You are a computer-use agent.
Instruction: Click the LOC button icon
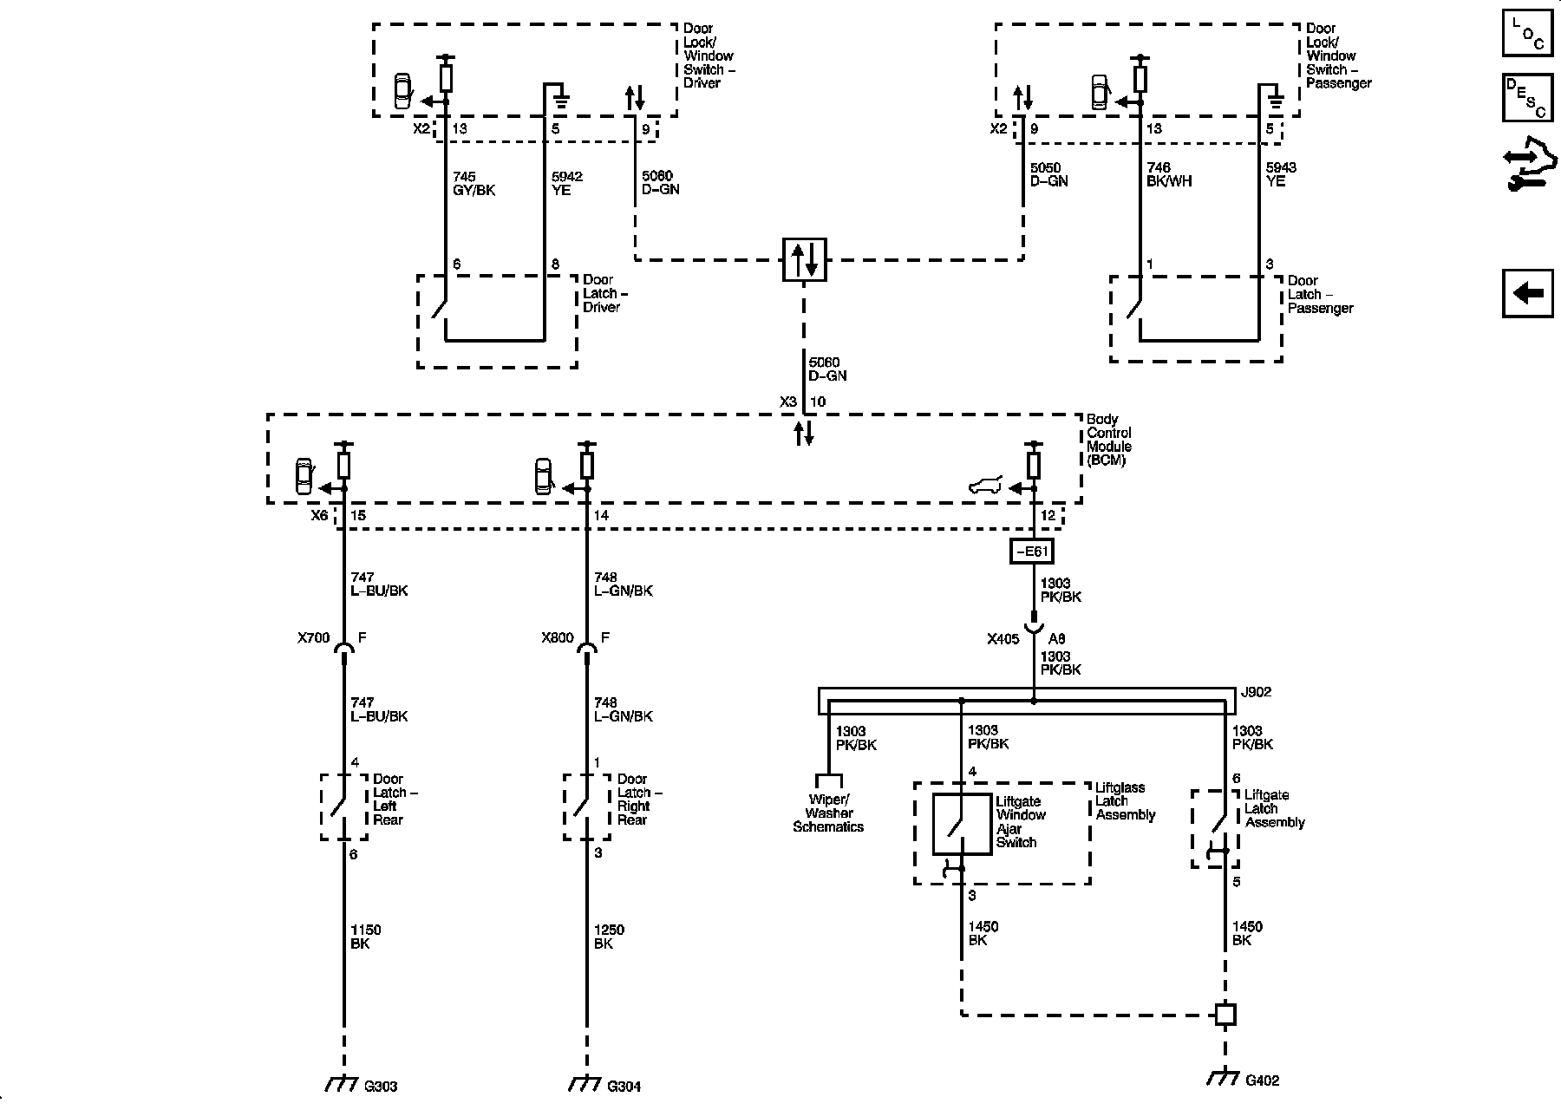tap(1527, 32)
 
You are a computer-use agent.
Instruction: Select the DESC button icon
tap(1527, 97)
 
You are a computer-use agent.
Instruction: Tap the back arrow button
tap(1527, 293)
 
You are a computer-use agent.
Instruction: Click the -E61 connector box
tap(1032, 551)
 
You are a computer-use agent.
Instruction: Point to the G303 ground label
tap(381, 1086)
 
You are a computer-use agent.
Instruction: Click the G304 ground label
tap(624, 1086)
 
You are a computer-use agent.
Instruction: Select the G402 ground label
tap(1262, 1081)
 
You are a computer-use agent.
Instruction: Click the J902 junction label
tap(1255, 692)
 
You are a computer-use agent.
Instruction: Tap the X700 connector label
tap(314, 638)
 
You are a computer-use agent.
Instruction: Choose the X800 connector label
tap(558, 638)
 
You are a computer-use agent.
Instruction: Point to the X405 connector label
tap(1003, 639)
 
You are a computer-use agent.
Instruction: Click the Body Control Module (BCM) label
tap(1109, 440)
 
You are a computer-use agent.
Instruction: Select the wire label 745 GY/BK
tap(474, 183)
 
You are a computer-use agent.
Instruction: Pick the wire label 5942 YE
tap(567, 183)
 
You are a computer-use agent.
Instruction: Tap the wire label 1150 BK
tap(366, 937)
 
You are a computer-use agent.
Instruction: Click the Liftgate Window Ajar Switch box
tap(962, 824)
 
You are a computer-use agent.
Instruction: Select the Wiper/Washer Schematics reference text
tap(828, 813)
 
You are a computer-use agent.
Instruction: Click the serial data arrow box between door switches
tap(804, 259)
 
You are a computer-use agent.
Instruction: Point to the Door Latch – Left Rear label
tap(395, 800)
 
